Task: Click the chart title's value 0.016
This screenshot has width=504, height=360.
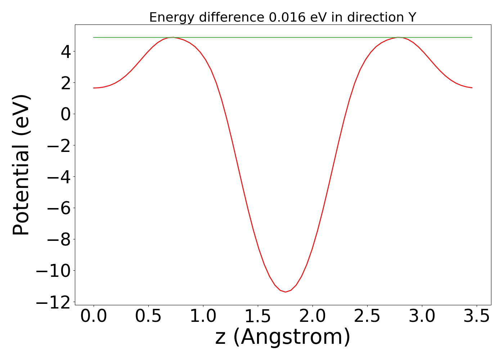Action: pyautogui.click(x=284, y=17)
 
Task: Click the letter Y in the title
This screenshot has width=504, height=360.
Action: pyautogui.click(x=412, y=17)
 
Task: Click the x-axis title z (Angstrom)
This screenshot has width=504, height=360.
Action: pyautogui.click(x=283, y=337)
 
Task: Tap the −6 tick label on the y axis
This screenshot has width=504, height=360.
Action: pyautogui.click(x=59, y=208)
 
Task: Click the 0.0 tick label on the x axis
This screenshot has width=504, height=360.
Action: pyautogui.click(x=94, y=316)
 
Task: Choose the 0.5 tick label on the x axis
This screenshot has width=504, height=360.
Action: pyautogui.click(x=148, y=316)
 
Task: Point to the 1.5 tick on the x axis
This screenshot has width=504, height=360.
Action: pyautogui.click(x=258, y=316)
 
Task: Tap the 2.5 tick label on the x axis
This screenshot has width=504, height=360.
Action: pyautogui.click(x=367, y=316)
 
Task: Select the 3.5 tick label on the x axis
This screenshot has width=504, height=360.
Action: pyautogui.click(x=477, y=316)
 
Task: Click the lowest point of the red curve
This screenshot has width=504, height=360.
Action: pyautogui.click(x=285, y=292)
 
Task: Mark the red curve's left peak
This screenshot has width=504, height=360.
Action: pyautogui.click(x=173, y=37)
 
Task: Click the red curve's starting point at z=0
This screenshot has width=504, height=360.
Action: pyautogui.click(x=94, y=88)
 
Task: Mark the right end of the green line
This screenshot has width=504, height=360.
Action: pyautogui.click(x=472, y=37)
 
